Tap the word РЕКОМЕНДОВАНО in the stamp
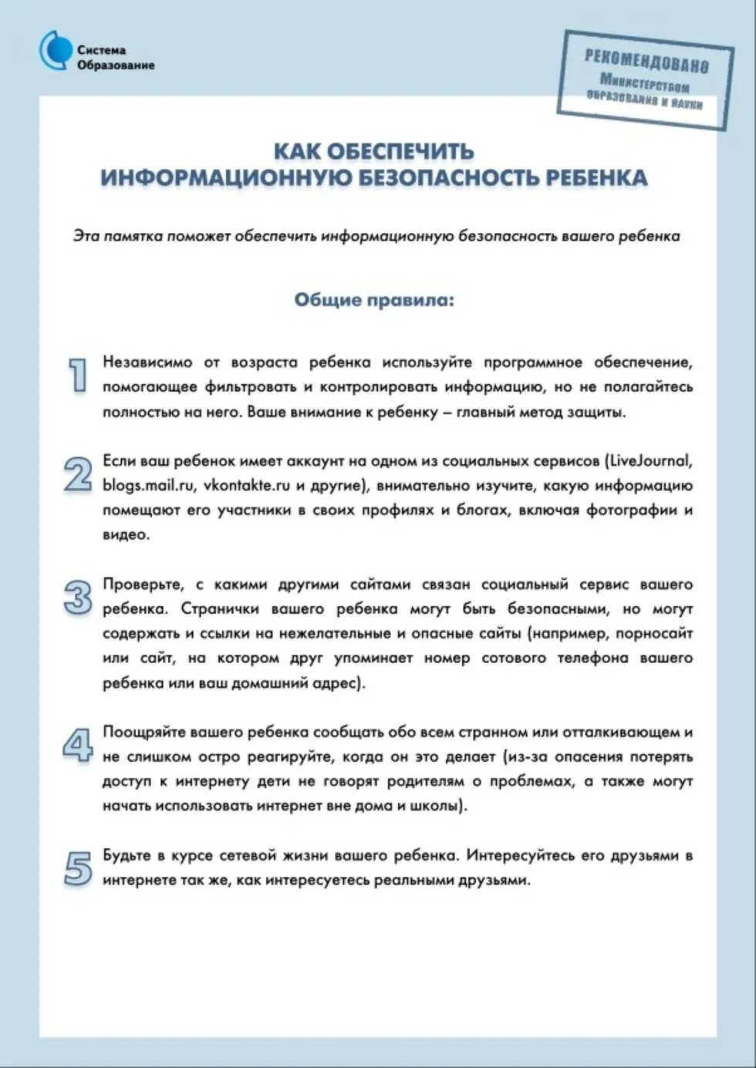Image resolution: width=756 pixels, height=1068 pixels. (x=646, y=60)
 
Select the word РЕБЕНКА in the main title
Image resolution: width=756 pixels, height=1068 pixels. (x=596, y=177)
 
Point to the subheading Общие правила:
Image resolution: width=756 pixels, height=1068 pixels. (x=374, y=300)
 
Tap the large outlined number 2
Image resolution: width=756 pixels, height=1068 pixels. (x=77, y=474)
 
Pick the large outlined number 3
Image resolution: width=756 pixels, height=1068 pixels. (x=77, y=597)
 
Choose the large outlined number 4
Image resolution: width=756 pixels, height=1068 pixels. (x=77, y=745)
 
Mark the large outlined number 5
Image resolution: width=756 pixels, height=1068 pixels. (x=77, y=868)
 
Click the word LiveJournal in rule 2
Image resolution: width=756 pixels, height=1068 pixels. (x=650, y=461)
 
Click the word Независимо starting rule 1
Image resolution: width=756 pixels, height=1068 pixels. (x=147, y=362)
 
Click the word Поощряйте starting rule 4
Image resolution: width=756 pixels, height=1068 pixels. (x=142, y=733)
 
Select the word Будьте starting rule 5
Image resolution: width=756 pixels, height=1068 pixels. (x=127, y=856)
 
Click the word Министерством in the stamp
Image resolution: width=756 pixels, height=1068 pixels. (x=644, y=82)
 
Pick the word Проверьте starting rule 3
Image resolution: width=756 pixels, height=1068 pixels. (x=143, y=585)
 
